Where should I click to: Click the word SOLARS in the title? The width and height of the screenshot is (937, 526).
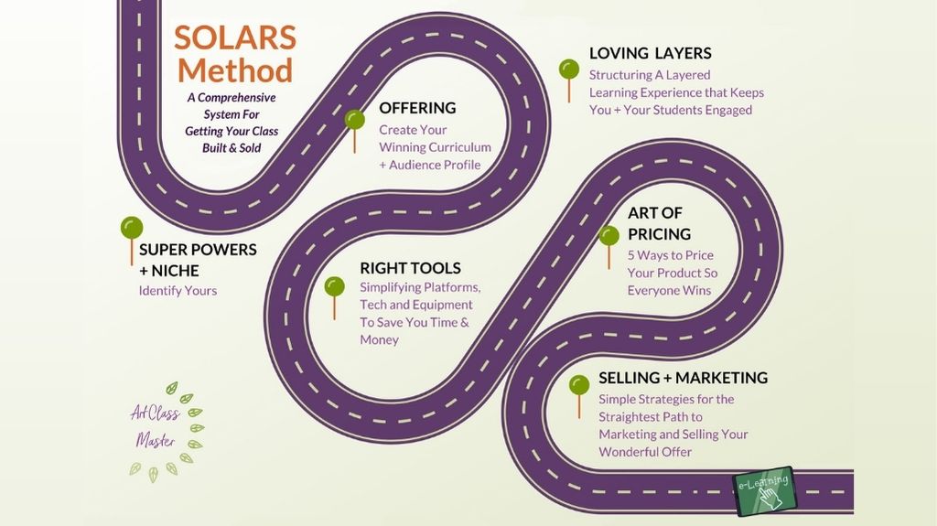coord(235,38)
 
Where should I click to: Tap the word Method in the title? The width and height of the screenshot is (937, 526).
coord(235,70)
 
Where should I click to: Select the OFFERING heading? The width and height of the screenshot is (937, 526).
coord(417,108)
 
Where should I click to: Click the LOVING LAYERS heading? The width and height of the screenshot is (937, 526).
coord(651,53)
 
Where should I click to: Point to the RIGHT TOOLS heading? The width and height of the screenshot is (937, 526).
coord(410,268)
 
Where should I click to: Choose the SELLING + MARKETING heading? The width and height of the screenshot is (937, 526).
coord(683,378)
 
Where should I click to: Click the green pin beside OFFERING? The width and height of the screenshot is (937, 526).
coord(354,131)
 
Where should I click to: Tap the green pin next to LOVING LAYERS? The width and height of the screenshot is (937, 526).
coord(569,81)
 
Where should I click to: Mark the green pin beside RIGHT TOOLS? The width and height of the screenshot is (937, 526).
coord(334,297)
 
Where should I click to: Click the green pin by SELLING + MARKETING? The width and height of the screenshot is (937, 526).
coord(579,396)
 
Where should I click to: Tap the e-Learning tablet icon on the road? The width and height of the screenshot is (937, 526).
coord(765,490)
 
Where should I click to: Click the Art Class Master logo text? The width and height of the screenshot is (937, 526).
coord(156,427)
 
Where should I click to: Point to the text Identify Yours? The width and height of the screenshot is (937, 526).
coord(178,291)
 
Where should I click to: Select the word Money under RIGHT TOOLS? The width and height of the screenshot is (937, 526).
coord(379,339)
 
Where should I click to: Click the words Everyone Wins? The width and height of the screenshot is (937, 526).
coord(669,291)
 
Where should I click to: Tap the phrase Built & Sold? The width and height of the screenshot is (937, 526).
coord(232,147)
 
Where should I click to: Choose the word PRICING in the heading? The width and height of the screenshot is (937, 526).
coord(659,233)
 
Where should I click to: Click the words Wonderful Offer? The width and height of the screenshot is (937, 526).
coord(645,452)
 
